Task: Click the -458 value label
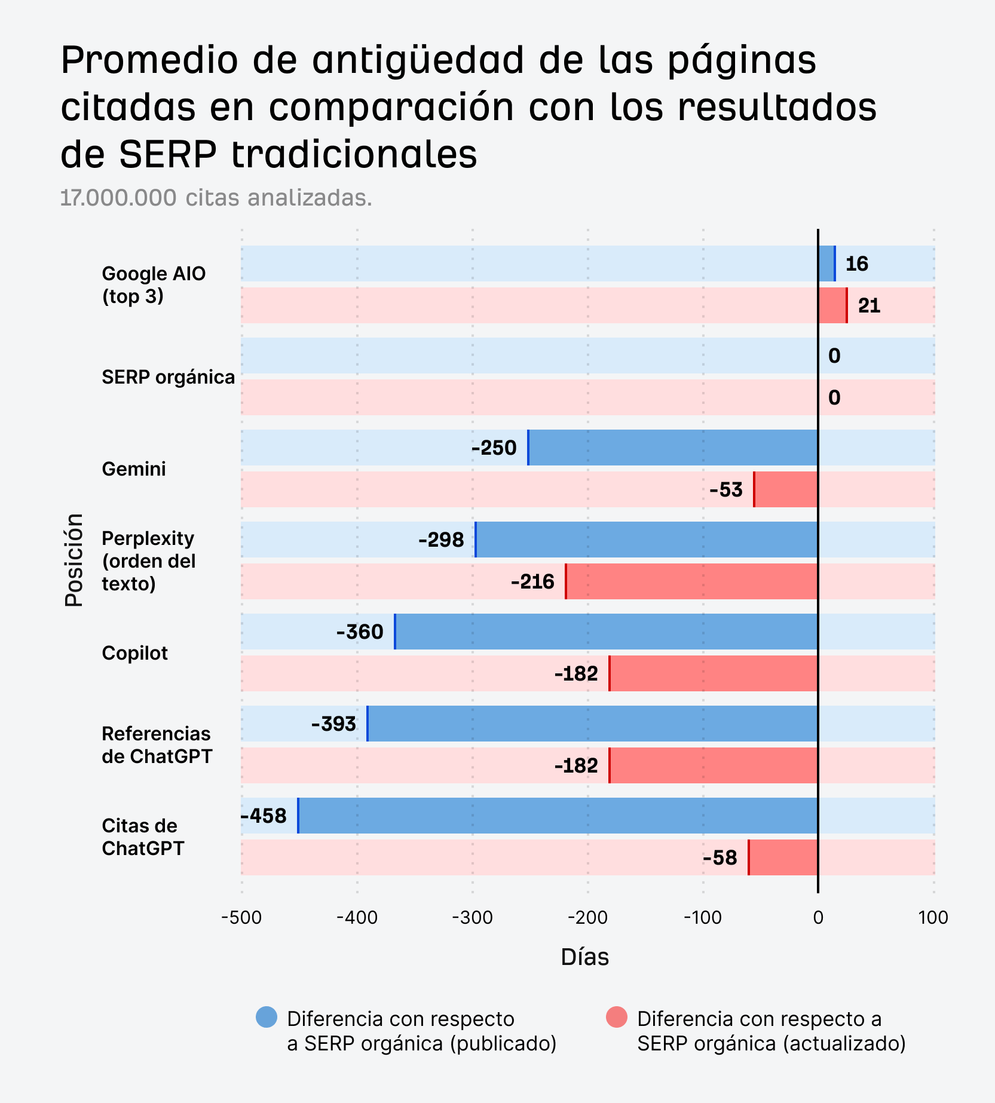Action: click(x=264, y=816)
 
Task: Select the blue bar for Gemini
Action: click(x=672, y=448)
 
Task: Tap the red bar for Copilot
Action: click(x=713, y=673)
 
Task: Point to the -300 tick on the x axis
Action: click(x=472, y=917)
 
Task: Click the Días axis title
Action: click(x=584, y=957)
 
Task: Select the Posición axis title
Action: click(x=74, y=560)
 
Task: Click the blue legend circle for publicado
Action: click(x=267, y=1017)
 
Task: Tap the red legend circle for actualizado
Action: click(x=617, y=1017)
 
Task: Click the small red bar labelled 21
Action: click(x=832, y=305)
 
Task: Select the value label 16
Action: click(x=856, y=264)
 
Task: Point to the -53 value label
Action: click(x=725, y=490)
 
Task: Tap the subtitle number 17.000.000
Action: click(x=118, y=198)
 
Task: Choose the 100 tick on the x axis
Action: click(x=933, y=917)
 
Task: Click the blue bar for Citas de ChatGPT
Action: click(x=558, y=816)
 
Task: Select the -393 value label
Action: click(x=333, y=724)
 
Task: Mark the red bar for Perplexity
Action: click(x=691, y=581)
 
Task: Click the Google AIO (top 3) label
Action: click(x=154, y=284)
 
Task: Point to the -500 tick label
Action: click(x=241, y=917)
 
